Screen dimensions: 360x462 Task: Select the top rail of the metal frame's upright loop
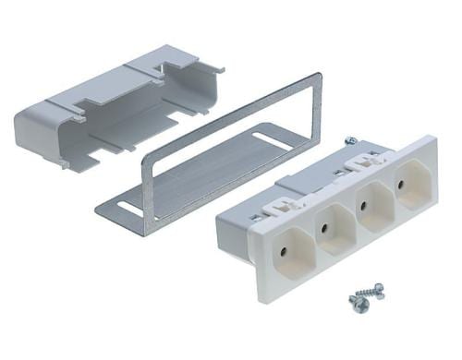231,109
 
